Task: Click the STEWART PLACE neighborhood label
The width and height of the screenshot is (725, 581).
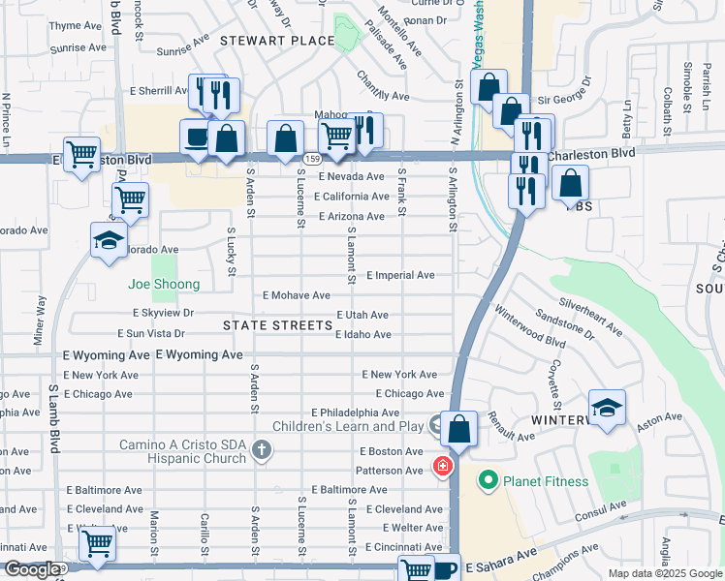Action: click(x=276, y=41)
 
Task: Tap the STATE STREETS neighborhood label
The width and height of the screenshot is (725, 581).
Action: click(x=278, y=325)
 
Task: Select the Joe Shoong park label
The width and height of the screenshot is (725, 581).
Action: click(x=164, y=284)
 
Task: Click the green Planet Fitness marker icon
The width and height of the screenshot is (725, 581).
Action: click(x=487, y=481)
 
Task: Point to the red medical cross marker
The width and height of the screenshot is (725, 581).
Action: click(x=443, y=468)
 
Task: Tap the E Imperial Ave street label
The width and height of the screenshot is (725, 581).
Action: click(x=400, y=276)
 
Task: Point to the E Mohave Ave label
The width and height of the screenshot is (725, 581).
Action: click(x=297, y=295)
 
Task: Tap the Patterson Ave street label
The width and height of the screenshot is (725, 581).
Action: click(x=391, y=471)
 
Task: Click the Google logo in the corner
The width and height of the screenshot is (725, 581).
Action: click(x=31, y=569)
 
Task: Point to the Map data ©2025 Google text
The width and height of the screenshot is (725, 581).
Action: click(x=665, y=573)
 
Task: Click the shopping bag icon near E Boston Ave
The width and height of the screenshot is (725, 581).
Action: click(x=459, y=427)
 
